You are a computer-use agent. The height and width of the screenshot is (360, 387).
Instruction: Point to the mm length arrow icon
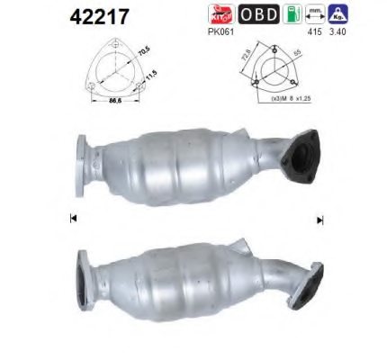[x=315, y=13]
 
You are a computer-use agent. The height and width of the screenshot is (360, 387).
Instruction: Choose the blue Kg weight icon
[x=339, y=13]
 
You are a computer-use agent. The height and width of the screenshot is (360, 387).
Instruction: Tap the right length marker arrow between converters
[x=319, y=220]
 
